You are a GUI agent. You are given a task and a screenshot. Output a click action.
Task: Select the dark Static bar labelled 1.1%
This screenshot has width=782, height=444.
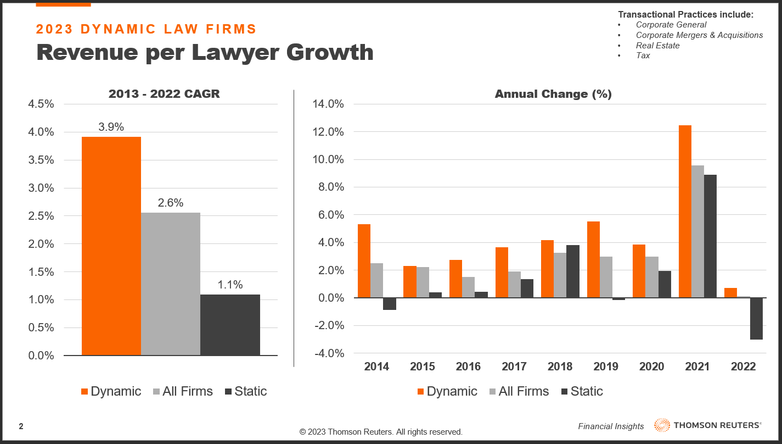point(230,325)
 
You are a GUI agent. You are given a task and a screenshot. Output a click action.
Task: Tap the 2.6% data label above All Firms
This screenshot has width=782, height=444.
point(171,203)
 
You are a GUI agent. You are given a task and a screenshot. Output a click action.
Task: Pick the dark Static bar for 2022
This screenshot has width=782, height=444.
point(756,319)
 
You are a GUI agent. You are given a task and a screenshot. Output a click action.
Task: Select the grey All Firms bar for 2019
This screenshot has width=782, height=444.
point(606,277)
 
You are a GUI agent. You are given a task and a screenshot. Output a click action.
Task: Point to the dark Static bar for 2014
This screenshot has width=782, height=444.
point(390,304)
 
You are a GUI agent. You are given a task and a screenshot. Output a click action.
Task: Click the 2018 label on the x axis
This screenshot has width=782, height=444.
point(560,367)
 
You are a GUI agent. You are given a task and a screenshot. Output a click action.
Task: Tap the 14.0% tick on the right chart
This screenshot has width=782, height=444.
point(328,104)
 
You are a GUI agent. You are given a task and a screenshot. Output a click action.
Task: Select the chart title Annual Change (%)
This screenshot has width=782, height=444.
point(553,94)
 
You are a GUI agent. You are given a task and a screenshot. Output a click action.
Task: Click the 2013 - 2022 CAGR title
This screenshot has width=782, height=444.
point(164,94)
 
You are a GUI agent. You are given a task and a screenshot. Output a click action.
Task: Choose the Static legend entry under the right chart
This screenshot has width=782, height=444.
point(587,391)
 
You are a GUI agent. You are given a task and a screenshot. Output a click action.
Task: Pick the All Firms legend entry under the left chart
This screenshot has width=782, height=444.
point(187,391)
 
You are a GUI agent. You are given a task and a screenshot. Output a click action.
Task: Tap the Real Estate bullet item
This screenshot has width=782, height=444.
point(657,46)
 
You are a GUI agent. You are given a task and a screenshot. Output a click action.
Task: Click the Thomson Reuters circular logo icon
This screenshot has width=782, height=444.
point(662,425)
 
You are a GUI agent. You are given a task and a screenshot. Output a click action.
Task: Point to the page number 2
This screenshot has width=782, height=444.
point(21,426)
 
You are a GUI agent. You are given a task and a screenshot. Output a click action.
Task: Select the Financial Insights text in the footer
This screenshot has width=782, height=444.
point(611,426)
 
